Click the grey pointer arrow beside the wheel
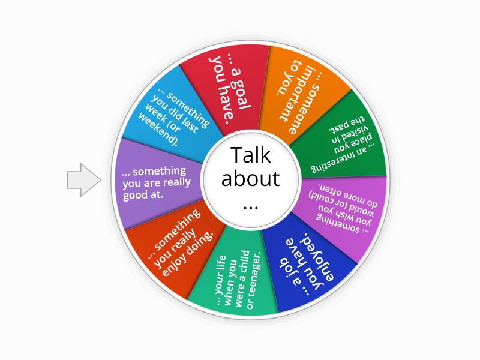(83, 179)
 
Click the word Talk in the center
(251, 155)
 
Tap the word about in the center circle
(250, 178)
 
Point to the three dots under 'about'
(251, 208)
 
